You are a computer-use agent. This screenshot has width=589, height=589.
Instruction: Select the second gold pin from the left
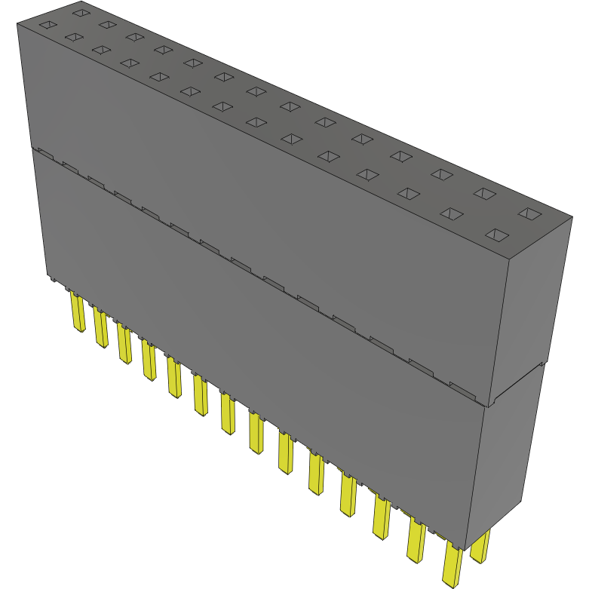[x=101, y=328]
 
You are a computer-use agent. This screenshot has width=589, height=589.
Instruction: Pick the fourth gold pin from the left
[x=149, y=360]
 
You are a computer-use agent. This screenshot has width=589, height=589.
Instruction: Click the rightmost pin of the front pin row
[x=452, y=564]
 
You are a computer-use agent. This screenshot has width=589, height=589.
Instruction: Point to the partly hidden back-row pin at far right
[x=480, y=547]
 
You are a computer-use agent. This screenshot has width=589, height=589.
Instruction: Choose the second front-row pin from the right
[x=416, y=541]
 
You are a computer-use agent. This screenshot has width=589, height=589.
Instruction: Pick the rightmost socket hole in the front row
[x=496, y=235]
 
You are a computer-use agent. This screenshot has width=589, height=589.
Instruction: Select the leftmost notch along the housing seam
[x=44, y=154]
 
